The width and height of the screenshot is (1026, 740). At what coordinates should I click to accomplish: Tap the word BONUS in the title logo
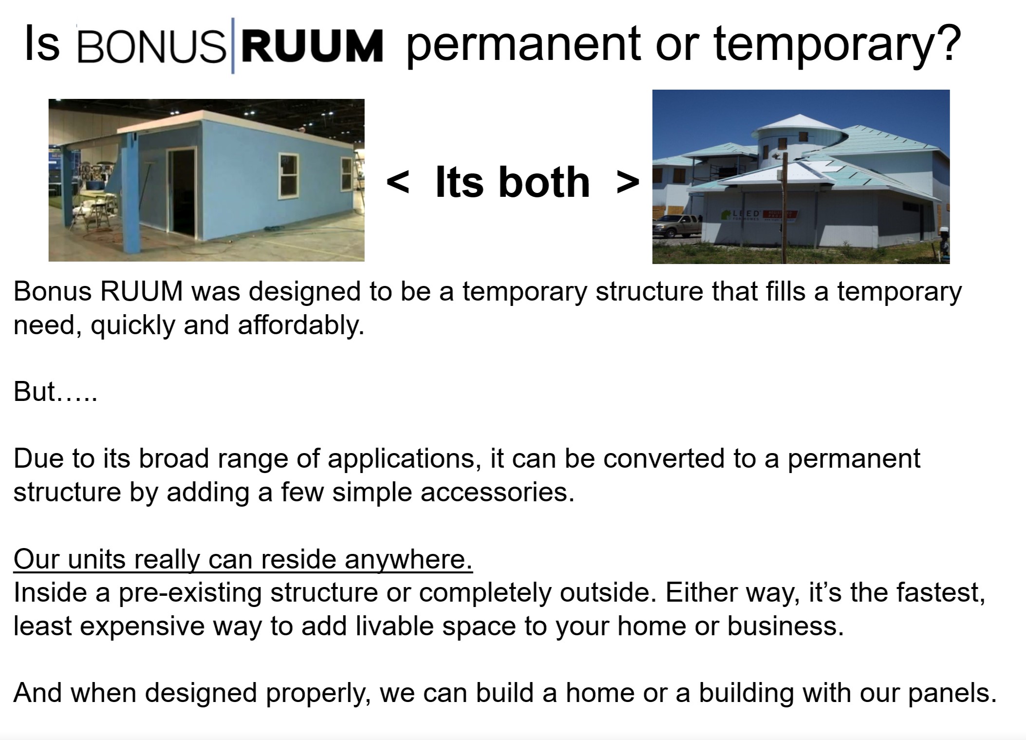tap(151, 46)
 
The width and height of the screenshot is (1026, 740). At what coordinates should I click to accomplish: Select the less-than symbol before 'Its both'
tap(397, 182)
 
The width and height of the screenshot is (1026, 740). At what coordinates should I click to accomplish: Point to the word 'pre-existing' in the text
tap(190, 593)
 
